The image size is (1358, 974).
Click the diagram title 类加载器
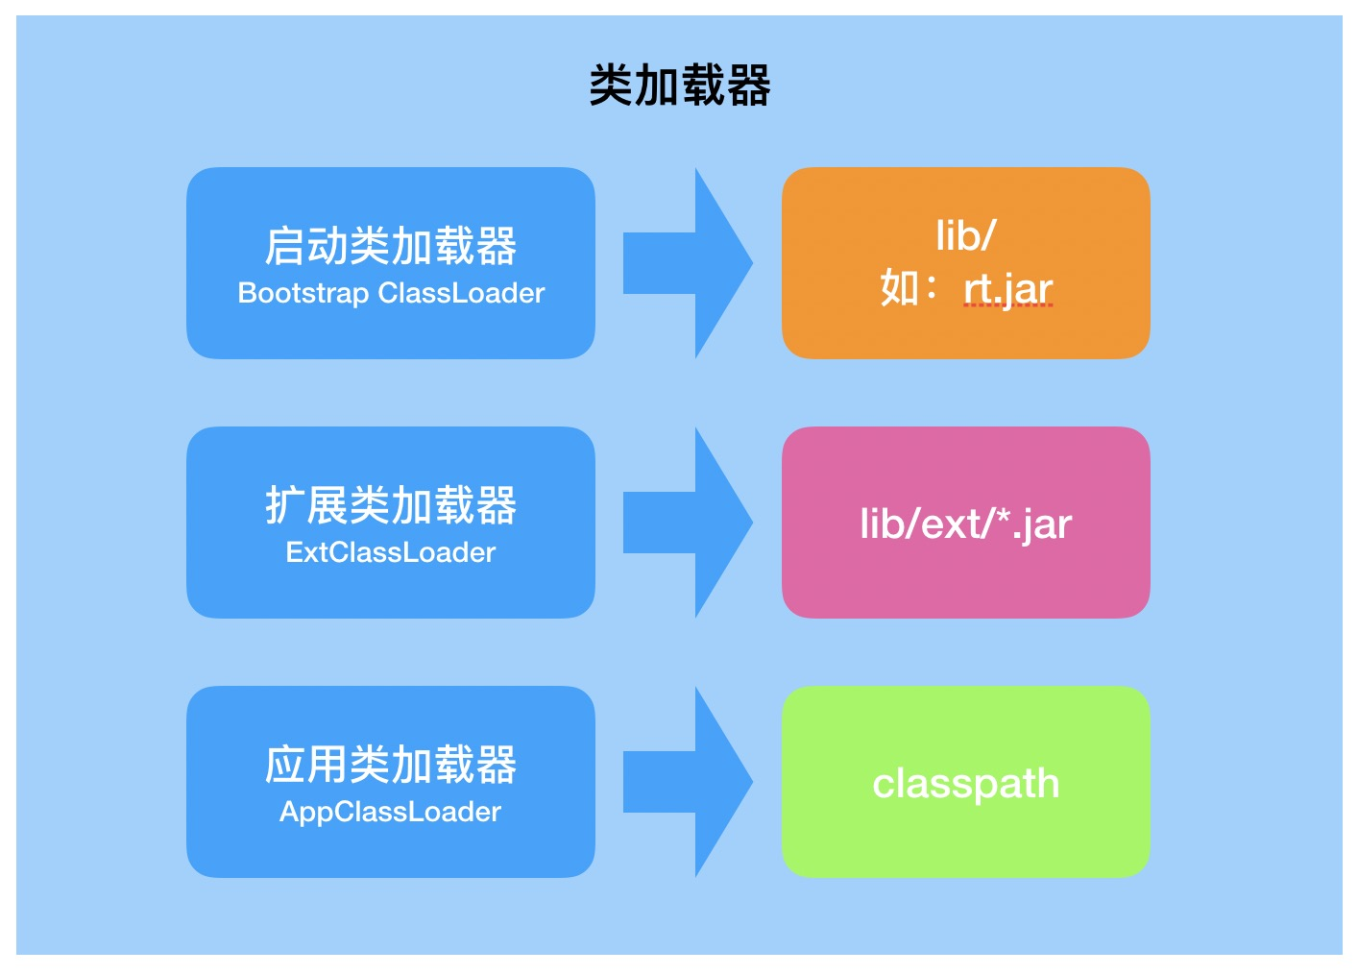[x=679, y=85]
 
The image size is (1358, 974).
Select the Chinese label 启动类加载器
[x=390, y=246]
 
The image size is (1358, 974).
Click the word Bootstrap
[x=303, y=293]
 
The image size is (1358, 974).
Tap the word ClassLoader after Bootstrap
[x=461, y=293]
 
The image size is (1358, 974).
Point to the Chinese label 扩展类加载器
[x=390, y=505]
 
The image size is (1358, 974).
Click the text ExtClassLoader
[x=390, y=552]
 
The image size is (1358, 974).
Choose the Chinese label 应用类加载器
[x=390, y=765]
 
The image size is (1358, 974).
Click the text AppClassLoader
[x=390, y=812]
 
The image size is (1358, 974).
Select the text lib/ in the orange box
[x=965, y=235]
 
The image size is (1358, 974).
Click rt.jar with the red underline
[x=1007, y=288]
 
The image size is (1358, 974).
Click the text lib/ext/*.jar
[x=965, y=524]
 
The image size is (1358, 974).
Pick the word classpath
[x=965, y=784]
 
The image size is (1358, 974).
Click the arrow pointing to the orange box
[x=687, y=263]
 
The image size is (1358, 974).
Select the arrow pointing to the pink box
[x=687, y=523]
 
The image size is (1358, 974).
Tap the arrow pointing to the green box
[x=687, y=782]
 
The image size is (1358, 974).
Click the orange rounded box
[x=965, y=336]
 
